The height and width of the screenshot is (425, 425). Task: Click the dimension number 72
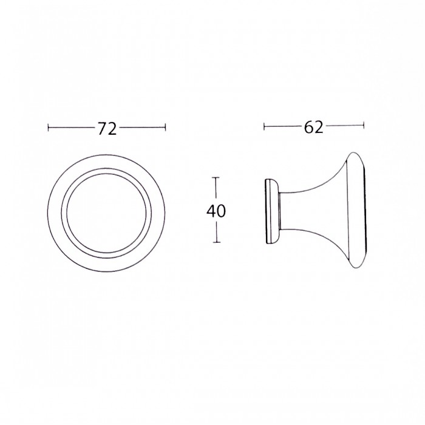pyautogui.click(x=107, y=128)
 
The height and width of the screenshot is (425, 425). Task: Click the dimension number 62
pyautogui.click(x=313, y=127)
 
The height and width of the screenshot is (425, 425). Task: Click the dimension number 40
pyautogui.click(x=216, y=211)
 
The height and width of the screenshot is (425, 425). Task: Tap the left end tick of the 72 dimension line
pyautogui.click(x=48, y=128)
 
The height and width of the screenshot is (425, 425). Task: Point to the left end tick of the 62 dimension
pyautogui.click(x=264, y=126)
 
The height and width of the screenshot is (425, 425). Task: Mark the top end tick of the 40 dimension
pyautogui.click(x=216, y=177)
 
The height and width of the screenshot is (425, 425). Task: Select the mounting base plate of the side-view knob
pyautogui.click(x=270, y=211)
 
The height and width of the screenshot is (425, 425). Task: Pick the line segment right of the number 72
pyautogui.click(x=141, y=128)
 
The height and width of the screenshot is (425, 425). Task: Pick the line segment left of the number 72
pyautogui.click(x=71, y=128)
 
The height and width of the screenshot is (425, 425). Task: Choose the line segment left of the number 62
pyautogui.click(x=282, y=126)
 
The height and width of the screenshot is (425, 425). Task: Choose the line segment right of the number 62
pyautogui.click(x=344, y=126)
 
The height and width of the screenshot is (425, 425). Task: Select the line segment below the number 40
pyautogui.click(x=216, y=232)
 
